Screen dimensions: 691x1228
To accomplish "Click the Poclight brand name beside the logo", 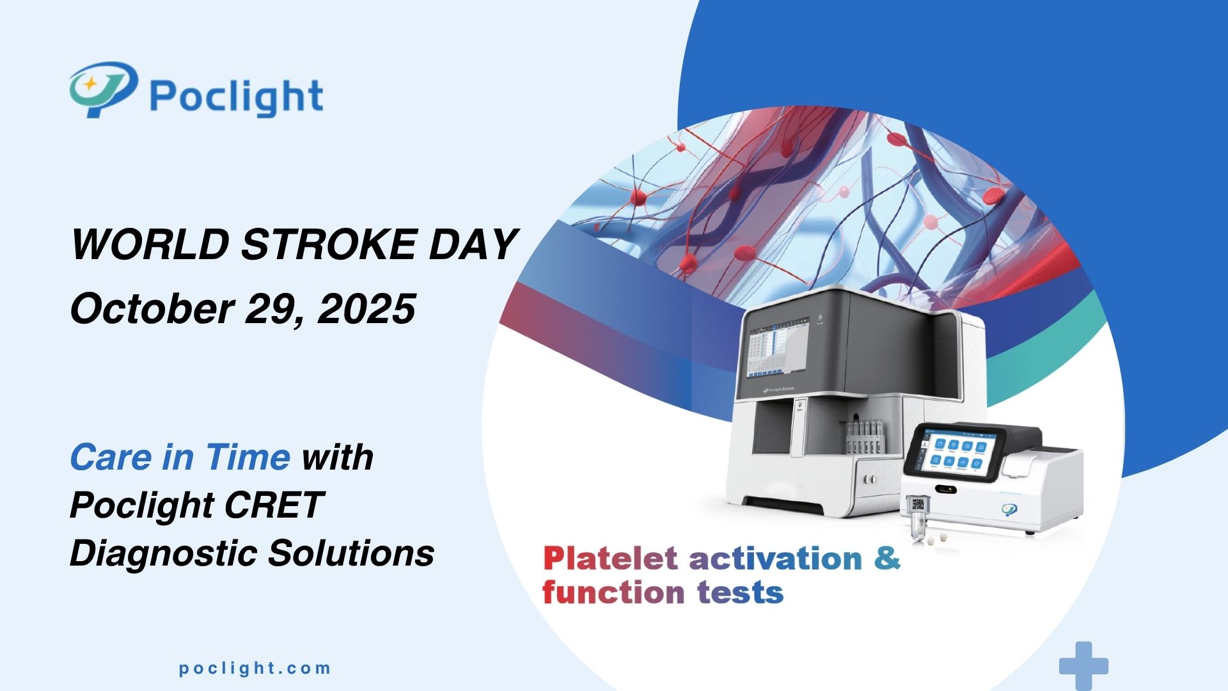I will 236,97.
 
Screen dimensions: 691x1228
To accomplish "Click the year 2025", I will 366,308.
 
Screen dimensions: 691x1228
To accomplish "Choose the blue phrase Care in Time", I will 180,457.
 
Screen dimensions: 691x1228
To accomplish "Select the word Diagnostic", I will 163,553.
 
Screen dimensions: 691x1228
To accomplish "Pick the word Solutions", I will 351,553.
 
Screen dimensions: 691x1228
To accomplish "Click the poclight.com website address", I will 255,669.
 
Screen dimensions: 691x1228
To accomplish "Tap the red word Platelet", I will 610,559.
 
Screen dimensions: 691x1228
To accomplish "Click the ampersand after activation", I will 887,558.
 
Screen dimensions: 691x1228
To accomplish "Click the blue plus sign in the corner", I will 1083,665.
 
